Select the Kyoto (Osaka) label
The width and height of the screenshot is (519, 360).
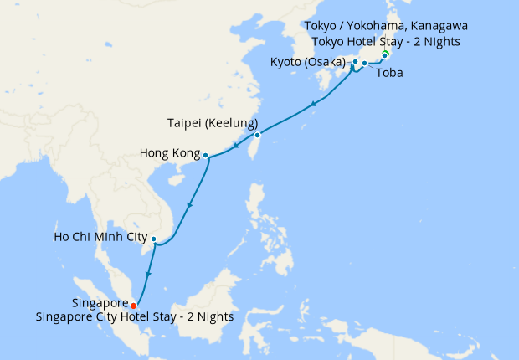(x=308, y=62)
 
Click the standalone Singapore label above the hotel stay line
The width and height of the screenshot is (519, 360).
(x=100, y=304)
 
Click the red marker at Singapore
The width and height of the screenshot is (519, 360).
(x=134, y=306)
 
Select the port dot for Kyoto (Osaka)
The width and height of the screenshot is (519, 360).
(x=355, y=62)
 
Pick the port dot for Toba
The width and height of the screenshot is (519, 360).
(x=364, y=64)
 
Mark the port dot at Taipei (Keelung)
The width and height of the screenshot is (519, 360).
(x=258, y=135)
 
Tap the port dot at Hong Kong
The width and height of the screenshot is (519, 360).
(x=206, y=155)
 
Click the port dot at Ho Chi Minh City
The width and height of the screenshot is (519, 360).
(x=153, y=239)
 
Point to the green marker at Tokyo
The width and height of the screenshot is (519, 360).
(x=385, y=55)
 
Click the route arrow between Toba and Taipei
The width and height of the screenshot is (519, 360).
(x=313, y=105)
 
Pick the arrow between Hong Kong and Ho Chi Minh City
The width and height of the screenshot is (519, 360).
(x=190, y=206)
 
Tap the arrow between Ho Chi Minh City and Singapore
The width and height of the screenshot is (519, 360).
(x=147, y=274)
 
